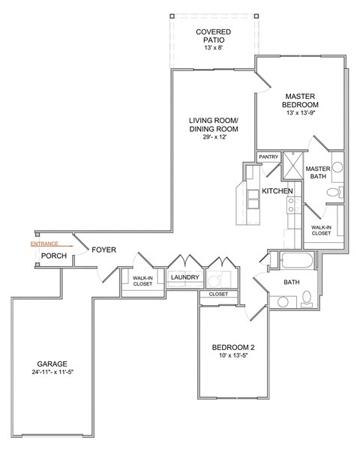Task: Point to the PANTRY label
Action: click(x=268, y=157)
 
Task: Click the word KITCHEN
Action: click(x=277, y=192)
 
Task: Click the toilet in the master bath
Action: click(x=334, y=193)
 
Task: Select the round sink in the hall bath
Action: click(x=282, y=303)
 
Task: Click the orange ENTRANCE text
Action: click(x=44, y=244)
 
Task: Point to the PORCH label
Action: click(x=53, y=256)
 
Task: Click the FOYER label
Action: click(x=103, y=250)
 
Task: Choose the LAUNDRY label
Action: click(x=184, y=278)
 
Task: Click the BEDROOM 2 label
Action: click(x=234, y=347)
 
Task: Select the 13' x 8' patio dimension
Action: click(x=213, y=48)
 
